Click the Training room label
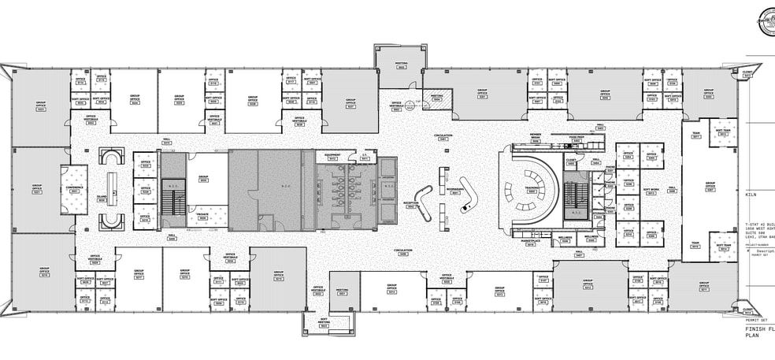point(532,190)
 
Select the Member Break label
point(535,136)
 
